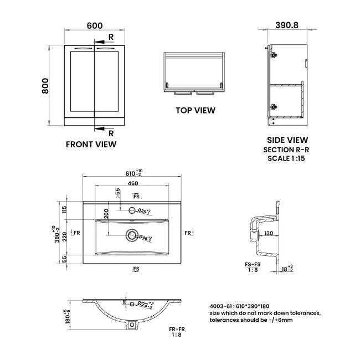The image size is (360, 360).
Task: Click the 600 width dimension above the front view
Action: click(x=95, y=26)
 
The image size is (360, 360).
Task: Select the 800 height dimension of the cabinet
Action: click(x=46, y=86)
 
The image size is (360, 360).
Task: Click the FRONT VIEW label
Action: click(x=91, y=145)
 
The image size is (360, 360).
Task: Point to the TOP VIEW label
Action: click(x=196, y=110)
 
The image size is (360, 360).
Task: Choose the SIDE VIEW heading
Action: click(x=287, y=140)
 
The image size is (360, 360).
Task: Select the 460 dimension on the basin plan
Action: click(x=133, y=183)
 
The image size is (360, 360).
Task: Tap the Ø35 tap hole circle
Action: click(x=132, y=210)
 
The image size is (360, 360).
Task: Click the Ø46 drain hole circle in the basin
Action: click(x=132, y=236)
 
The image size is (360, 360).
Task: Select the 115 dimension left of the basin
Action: click(x=64, y=210)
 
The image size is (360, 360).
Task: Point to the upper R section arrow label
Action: click(x=111, y=37)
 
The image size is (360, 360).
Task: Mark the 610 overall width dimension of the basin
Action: click(x=130, y=172)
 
